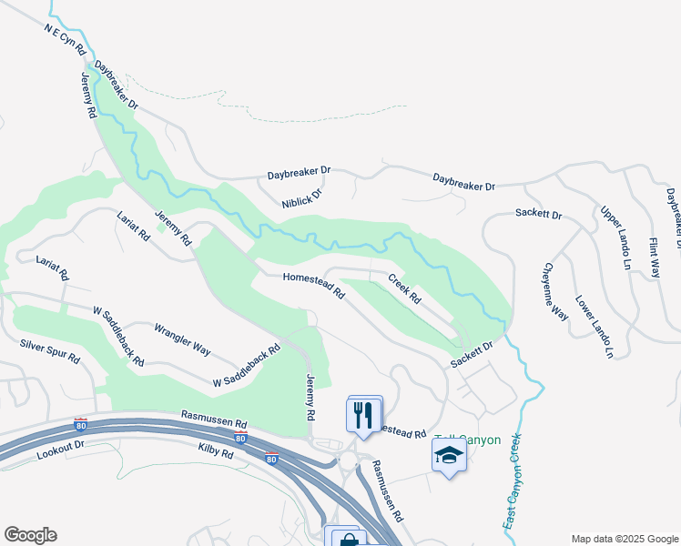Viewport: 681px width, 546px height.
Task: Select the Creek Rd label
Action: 404,288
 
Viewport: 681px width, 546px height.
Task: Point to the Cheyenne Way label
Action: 556,290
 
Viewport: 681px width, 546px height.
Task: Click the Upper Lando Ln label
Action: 615,237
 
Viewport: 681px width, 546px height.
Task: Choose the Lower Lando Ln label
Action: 595,326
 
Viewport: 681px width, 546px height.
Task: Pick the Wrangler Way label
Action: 182,339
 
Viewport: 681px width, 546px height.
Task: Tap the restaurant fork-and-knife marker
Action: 364,415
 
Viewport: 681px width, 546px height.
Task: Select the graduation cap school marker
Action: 449,453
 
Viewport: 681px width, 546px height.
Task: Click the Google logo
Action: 30,535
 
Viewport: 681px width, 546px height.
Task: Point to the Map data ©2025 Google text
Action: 625,539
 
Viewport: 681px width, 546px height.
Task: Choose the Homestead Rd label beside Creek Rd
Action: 313,287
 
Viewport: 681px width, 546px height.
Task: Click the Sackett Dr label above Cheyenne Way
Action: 538,215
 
